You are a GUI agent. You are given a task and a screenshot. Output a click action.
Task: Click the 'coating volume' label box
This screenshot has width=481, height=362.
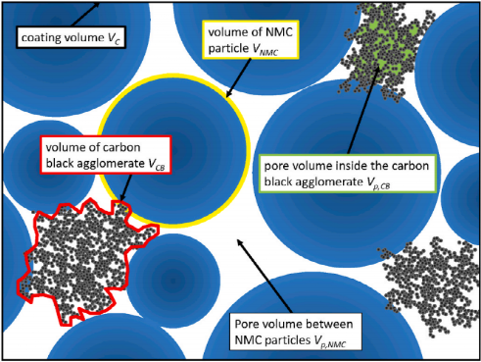[71, 37]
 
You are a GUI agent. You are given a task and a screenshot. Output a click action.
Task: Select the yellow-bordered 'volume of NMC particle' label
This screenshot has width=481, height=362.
[251, 40]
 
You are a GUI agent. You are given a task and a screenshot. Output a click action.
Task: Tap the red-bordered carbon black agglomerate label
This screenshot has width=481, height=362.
[106, 155]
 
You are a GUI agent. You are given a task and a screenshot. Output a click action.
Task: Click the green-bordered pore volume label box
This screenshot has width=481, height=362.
[348, 174]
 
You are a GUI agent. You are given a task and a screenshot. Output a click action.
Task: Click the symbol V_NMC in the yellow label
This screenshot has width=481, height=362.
[265, 49]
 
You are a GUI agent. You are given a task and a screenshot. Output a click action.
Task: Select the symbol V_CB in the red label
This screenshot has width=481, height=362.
[156, 164]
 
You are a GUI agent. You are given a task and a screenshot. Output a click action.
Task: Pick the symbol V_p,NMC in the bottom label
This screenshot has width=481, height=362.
[330, 341]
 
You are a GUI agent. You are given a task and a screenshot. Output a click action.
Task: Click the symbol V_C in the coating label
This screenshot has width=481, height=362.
[114, 38]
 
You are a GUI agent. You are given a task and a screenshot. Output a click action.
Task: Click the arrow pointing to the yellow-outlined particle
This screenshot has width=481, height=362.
[238, 78]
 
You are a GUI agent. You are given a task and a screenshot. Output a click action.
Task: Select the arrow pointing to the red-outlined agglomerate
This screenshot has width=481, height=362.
[125, 187]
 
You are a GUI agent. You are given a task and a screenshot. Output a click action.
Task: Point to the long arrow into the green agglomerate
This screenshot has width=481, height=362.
[363, 110]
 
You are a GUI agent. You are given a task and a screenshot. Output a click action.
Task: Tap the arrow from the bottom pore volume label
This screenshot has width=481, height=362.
[265, 276]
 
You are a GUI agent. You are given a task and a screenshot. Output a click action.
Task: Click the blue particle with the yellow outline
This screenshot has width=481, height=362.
[174, 151]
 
